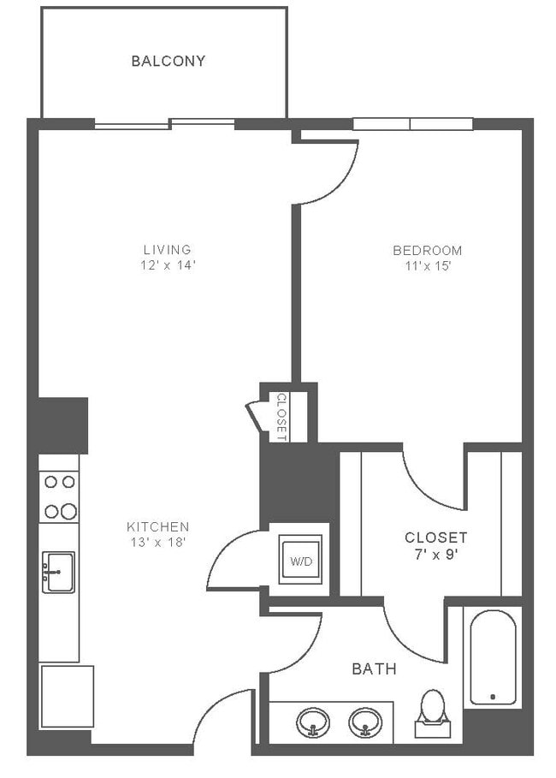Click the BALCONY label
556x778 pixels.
(168, 61)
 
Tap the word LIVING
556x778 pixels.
(167, 250)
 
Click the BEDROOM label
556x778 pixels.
(427, 251)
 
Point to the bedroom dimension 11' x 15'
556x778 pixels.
(427, 266)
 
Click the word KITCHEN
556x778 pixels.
(157, 526)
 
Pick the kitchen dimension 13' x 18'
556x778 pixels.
(157, 542)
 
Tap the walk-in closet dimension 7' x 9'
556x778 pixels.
(435, 553)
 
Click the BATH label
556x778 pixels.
(374, 668)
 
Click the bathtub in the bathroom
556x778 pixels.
(493, 656)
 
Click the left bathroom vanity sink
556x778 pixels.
(313, 722)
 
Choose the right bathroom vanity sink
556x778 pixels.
(365, 722)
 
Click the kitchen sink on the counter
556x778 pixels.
(58, 571)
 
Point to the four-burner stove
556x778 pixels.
(59, 497)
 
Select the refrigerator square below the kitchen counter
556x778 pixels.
(67, 696)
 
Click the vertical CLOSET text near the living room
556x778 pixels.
(280, 417)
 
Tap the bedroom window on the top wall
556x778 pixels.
(412, 124)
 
